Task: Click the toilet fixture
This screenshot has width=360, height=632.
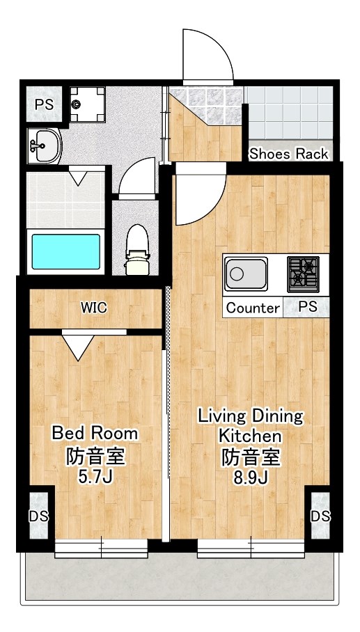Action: pos(138,250)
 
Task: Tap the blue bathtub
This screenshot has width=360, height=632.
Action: pos(66,252)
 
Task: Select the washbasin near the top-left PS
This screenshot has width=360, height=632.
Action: pos(44,146)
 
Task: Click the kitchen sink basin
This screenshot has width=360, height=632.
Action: pos(246,274)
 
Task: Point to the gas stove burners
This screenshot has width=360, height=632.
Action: pos(303,274)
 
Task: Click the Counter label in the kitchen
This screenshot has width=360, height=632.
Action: pos(253,308)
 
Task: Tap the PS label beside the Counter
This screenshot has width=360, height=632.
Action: pos(308,306)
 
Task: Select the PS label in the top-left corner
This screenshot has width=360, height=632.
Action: pos(44,105)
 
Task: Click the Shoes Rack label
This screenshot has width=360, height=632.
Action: pos(289,154)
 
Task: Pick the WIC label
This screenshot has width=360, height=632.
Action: pos(94,308)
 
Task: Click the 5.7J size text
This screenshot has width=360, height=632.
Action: pos(95,477)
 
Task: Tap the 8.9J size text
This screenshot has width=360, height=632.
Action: pos(251,477)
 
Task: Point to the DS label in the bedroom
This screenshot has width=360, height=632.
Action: pos(39,516)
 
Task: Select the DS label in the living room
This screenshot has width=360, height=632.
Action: pos(320,516)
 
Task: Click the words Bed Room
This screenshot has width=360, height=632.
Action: pos(95,434)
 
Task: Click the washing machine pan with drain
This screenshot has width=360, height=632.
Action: pos(87,104)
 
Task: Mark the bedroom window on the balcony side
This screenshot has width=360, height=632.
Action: pos(101,548)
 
